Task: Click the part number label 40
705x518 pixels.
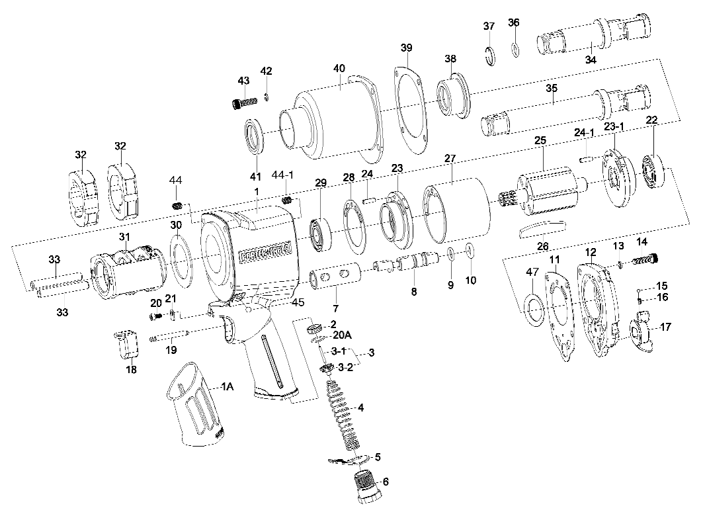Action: point(339,69)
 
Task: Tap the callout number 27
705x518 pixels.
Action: point(450,159)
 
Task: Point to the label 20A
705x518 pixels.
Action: point(341,335)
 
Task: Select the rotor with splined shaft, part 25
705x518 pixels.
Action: point(540,193)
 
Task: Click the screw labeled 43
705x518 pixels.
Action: point(245,103)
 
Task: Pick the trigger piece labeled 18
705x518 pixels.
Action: point(128,343)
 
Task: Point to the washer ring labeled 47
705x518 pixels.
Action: point(533,306)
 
